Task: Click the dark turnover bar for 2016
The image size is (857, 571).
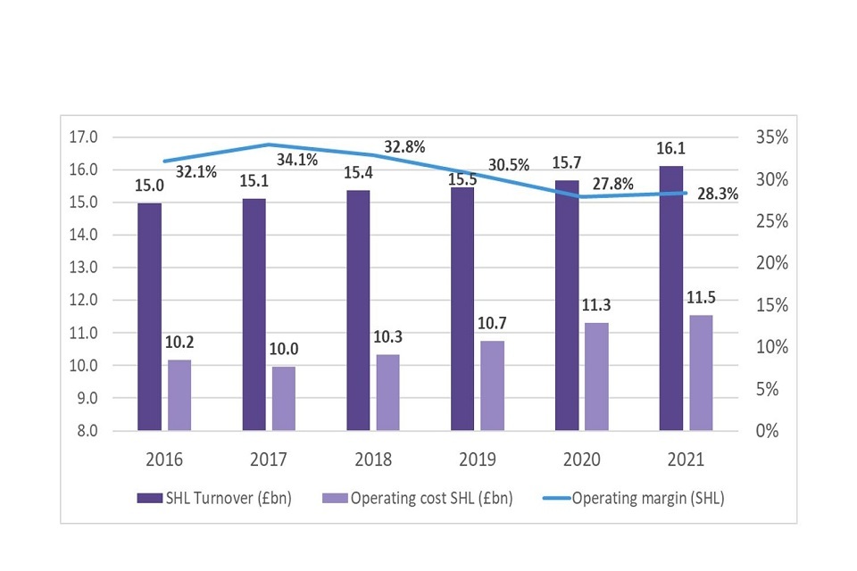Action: pyautogui.click(x=150, y=317)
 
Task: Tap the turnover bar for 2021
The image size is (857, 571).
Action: pyautogui.click(x=671, y=298)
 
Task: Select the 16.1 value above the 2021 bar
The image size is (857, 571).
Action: pyautogui.click(x=670, y=149)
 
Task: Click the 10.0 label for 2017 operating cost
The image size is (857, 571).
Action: pyautogui.click(x=285, y=350)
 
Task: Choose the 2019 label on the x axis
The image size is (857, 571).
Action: pyautogui.click(x=478, y=460)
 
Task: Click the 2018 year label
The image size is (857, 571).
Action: pyautogui.click(x=373, y=460)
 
